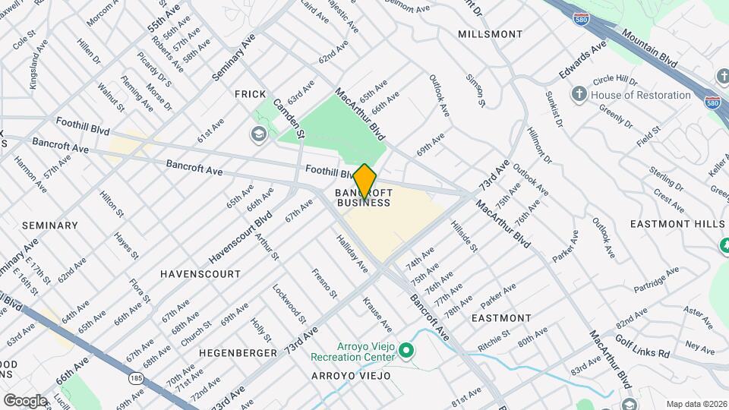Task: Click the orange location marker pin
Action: tap(364, 181)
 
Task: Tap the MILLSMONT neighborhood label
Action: tap(491, 34)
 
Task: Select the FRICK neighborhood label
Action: tap(250, 93)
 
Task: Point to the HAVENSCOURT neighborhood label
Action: tap(200, 273)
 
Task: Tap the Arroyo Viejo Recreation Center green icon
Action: tap(406, 352)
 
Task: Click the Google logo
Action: tap(25, 400)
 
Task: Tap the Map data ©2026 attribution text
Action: tap(696, 404)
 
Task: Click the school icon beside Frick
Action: tap(258, 134)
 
